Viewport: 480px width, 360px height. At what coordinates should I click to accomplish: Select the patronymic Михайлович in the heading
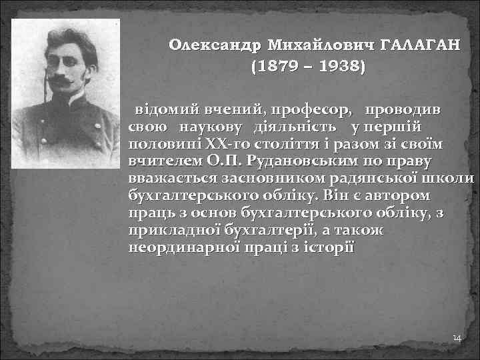(x=320, y=45)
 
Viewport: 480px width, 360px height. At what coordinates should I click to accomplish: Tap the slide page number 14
(x=457, y=339)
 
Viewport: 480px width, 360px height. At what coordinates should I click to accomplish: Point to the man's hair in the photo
(x=67, y=40)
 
